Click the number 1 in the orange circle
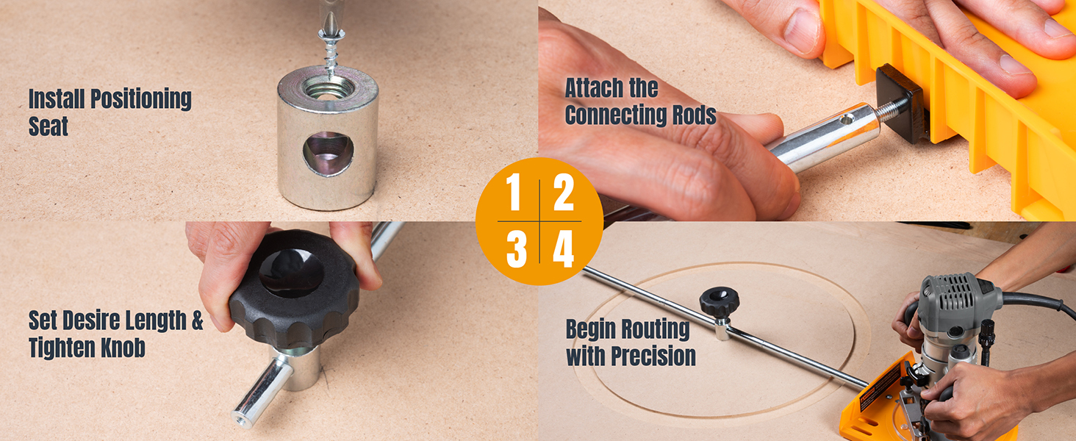(514, 192)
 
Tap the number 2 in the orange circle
(564, 192)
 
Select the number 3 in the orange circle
(517, 250)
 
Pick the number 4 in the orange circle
(564, 250)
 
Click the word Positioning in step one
(141, 99)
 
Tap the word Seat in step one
(48, 126)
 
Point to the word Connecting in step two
(612, 116)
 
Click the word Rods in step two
(690, 116)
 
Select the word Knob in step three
(123, 348)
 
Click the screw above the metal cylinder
(331, 51)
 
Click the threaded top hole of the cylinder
(329, 87)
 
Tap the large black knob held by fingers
(294, 289)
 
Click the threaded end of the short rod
(241, 417)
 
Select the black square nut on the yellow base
(899, 104)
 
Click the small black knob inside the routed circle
(719, 301)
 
